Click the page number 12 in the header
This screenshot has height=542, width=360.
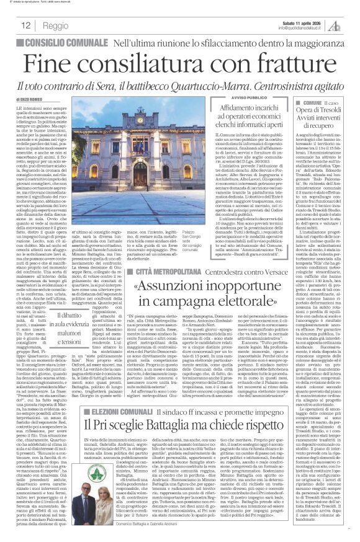coord(26,25)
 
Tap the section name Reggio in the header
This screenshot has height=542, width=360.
coord(56,25)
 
